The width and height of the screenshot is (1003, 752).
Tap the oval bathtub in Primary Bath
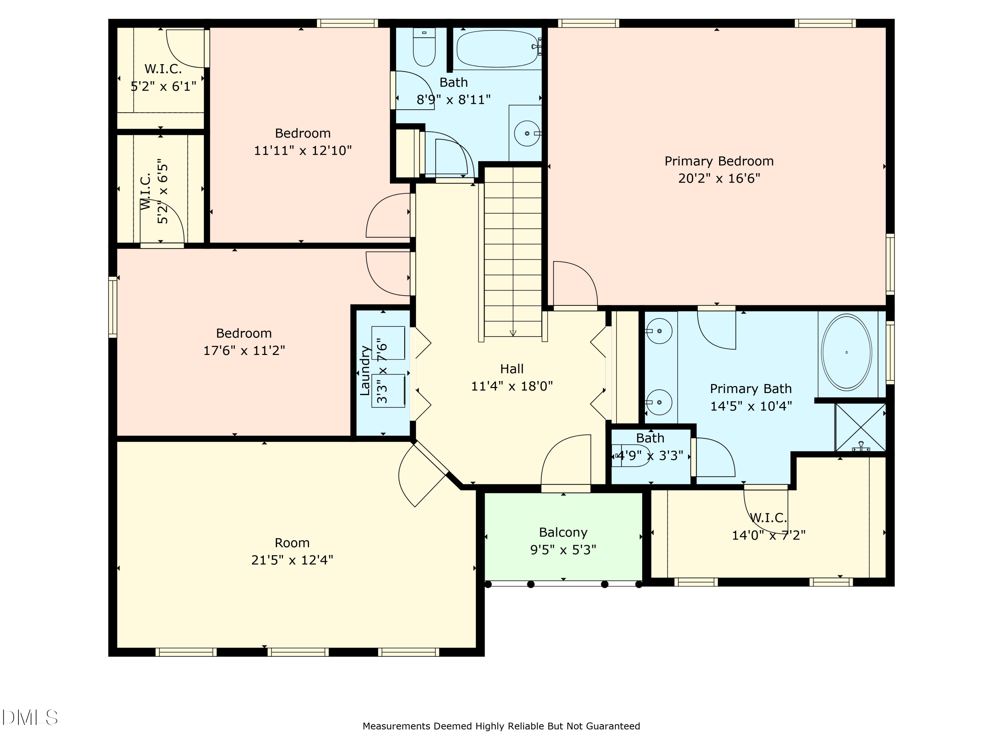pos(846,352)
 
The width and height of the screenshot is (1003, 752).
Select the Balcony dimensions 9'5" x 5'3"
pos(563,549)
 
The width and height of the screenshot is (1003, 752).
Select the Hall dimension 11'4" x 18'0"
pos(512,386)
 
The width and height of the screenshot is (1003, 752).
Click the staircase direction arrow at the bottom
pos(513,333)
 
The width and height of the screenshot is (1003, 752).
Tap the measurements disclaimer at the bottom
pos(501,726)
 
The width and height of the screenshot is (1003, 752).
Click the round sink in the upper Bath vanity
pos(527,133)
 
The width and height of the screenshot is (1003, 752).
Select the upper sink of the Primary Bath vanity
pos(659,331)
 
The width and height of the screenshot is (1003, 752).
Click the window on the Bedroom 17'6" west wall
pos(112,307)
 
